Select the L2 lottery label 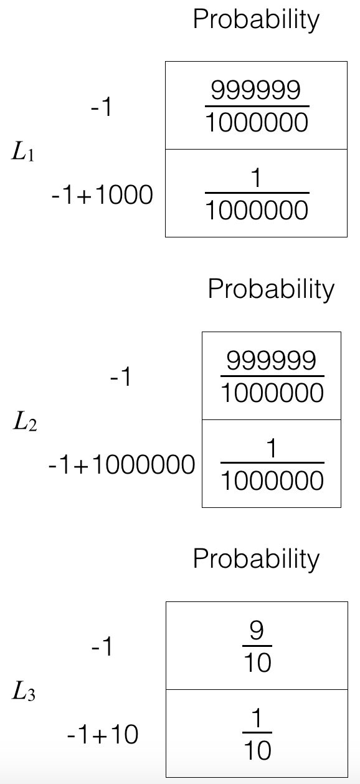(x=25, y=421)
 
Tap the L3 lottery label (x=24, y=691)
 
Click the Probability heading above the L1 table (x=256, y=20)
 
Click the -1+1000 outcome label (x=102, y=195)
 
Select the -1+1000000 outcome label (x=121, y=464)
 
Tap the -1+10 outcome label (x=103, y=734)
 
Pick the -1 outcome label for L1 (x=101, y=107)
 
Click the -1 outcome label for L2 (x=120, y=377)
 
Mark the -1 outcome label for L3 (x=102, y=646)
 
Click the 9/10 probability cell (x=257, y=646)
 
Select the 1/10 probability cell (x=257, y=734)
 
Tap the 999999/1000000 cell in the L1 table (x=256, y=106)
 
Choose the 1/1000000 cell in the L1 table (x=256, y=193)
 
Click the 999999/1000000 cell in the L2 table (x=272, y=376)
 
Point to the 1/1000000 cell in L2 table (x=272, y=464)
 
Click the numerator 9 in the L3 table (x=257, y=631)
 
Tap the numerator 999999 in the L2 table (x=272, y=360)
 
